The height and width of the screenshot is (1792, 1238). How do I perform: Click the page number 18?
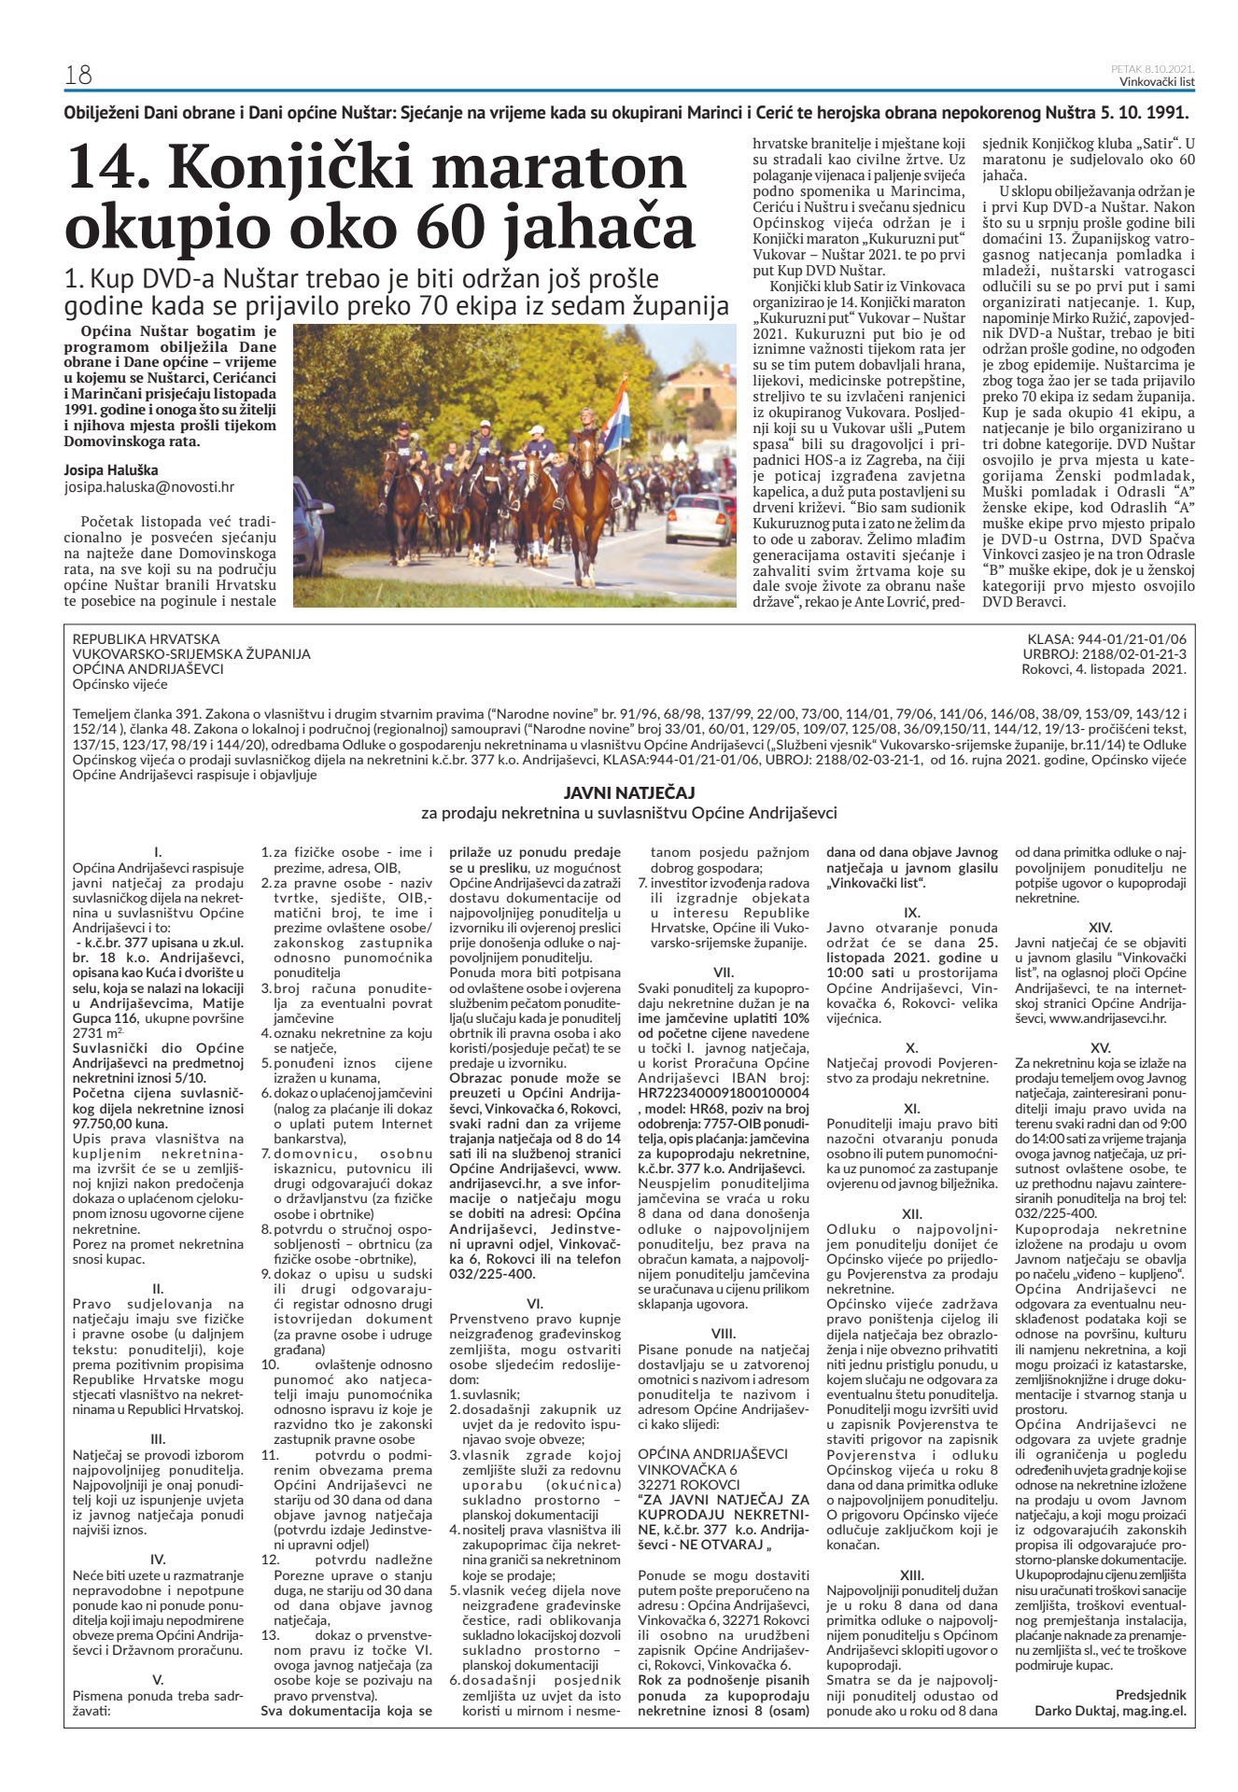click(77, 75)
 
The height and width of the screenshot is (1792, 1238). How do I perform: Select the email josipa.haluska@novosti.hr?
click(148, 486)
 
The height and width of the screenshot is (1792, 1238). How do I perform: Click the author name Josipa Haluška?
click(111, 469)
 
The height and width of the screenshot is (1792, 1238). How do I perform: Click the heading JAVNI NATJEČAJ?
click(628, 792)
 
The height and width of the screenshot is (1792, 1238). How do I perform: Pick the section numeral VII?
click(723, 971)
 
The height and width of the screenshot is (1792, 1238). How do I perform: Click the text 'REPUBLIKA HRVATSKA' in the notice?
click(146, 639)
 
